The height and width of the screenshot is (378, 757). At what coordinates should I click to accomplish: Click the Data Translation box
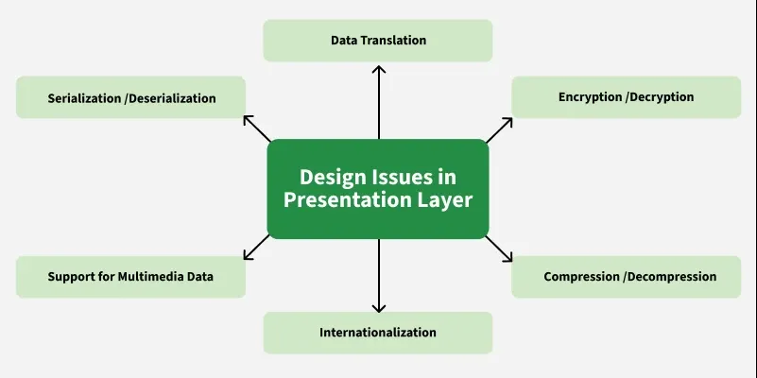tap(377, 41)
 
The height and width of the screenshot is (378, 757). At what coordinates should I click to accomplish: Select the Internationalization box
tap(377, 333)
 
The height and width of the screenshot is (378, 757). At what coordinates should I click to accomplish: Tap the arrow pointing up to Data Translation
tap(379, 102)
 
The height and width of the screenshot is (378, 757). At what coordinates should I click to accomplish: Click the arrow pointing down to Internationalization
tap(379, 276)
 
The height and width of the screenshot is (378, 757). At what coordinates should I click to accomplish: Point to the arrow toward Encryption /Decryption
tap(499, 130)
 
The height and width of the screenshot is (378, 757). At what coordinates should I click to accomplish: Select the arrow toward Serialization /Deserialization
tap(257, 129)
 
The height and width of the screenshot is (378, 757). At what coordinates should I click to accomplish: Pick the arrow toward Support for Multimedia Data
tap(256, 248)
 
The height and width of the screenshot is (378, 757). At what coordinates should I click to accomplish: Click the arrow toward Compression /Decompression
tap(499, 249)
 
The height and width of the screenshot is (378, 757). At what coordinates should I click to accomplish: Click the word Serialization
tap(84, 98)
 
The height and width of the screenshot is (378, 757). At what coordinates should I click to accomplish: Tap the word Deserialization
tap(170, 98)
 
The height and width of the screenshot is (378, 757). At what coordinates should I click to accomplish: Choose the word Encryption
tap(590, 97)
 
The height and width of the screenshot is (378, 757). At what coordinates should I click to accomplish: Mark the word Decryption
tap(660, 97)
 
